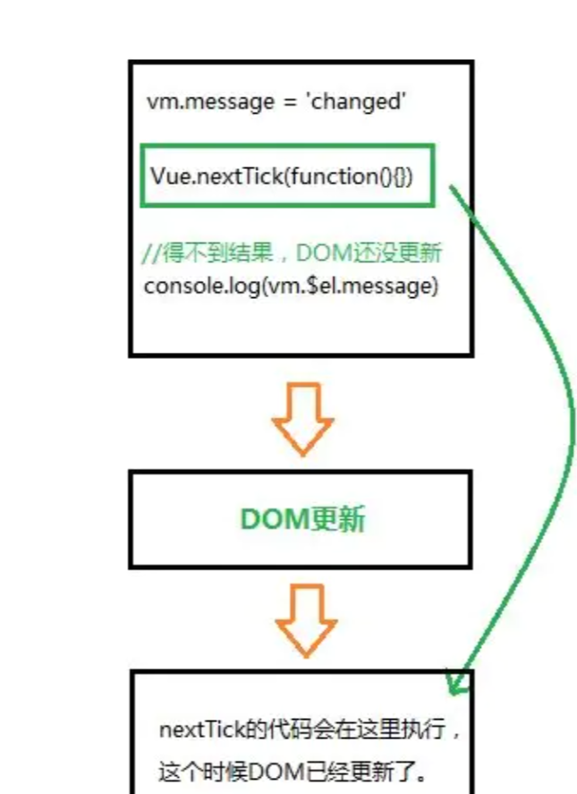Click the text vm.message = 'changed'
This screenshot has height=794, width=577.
(x=277, y=102)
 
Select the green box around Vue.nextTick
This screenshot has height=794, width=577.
(x=287, y=175)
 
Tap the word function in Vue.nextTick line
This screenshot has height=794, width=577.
(x=337, y=176)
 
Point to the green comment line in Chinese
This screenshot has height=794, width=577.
(x=292, y=253)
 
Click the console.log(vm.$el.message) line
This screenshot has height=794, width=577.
(x=291, y=286)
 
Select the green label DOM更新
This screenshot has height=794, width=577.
(x=302, y=520)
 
